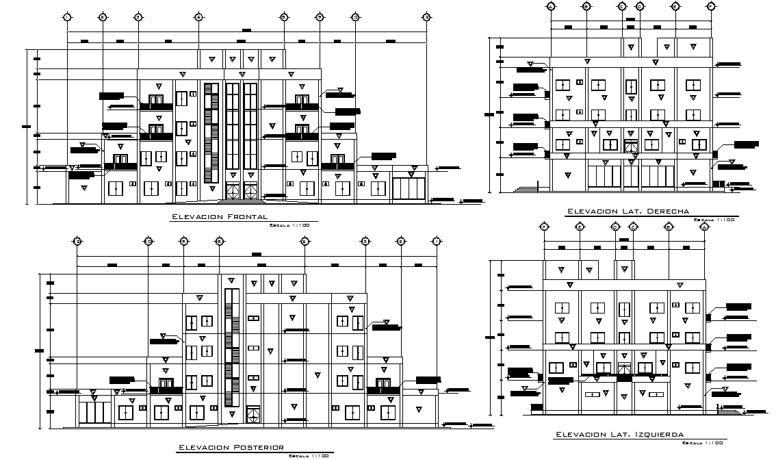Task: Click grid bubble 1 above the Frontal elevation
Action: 67,17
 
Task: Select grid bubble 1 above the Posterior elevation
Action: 435,241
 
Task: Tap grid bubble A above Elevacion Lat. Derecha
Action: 551,6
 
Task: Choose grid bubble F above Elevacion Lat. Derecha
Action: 711,6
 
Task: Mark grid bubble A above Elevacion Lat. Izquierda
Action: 704,227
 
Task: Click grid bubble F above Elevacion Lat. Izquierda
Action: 544,227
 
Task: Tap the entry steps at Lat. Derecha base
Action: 528,188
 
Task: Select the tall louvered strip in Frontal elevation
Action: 210,133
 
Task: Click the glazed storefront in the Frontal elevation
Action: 408,186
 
